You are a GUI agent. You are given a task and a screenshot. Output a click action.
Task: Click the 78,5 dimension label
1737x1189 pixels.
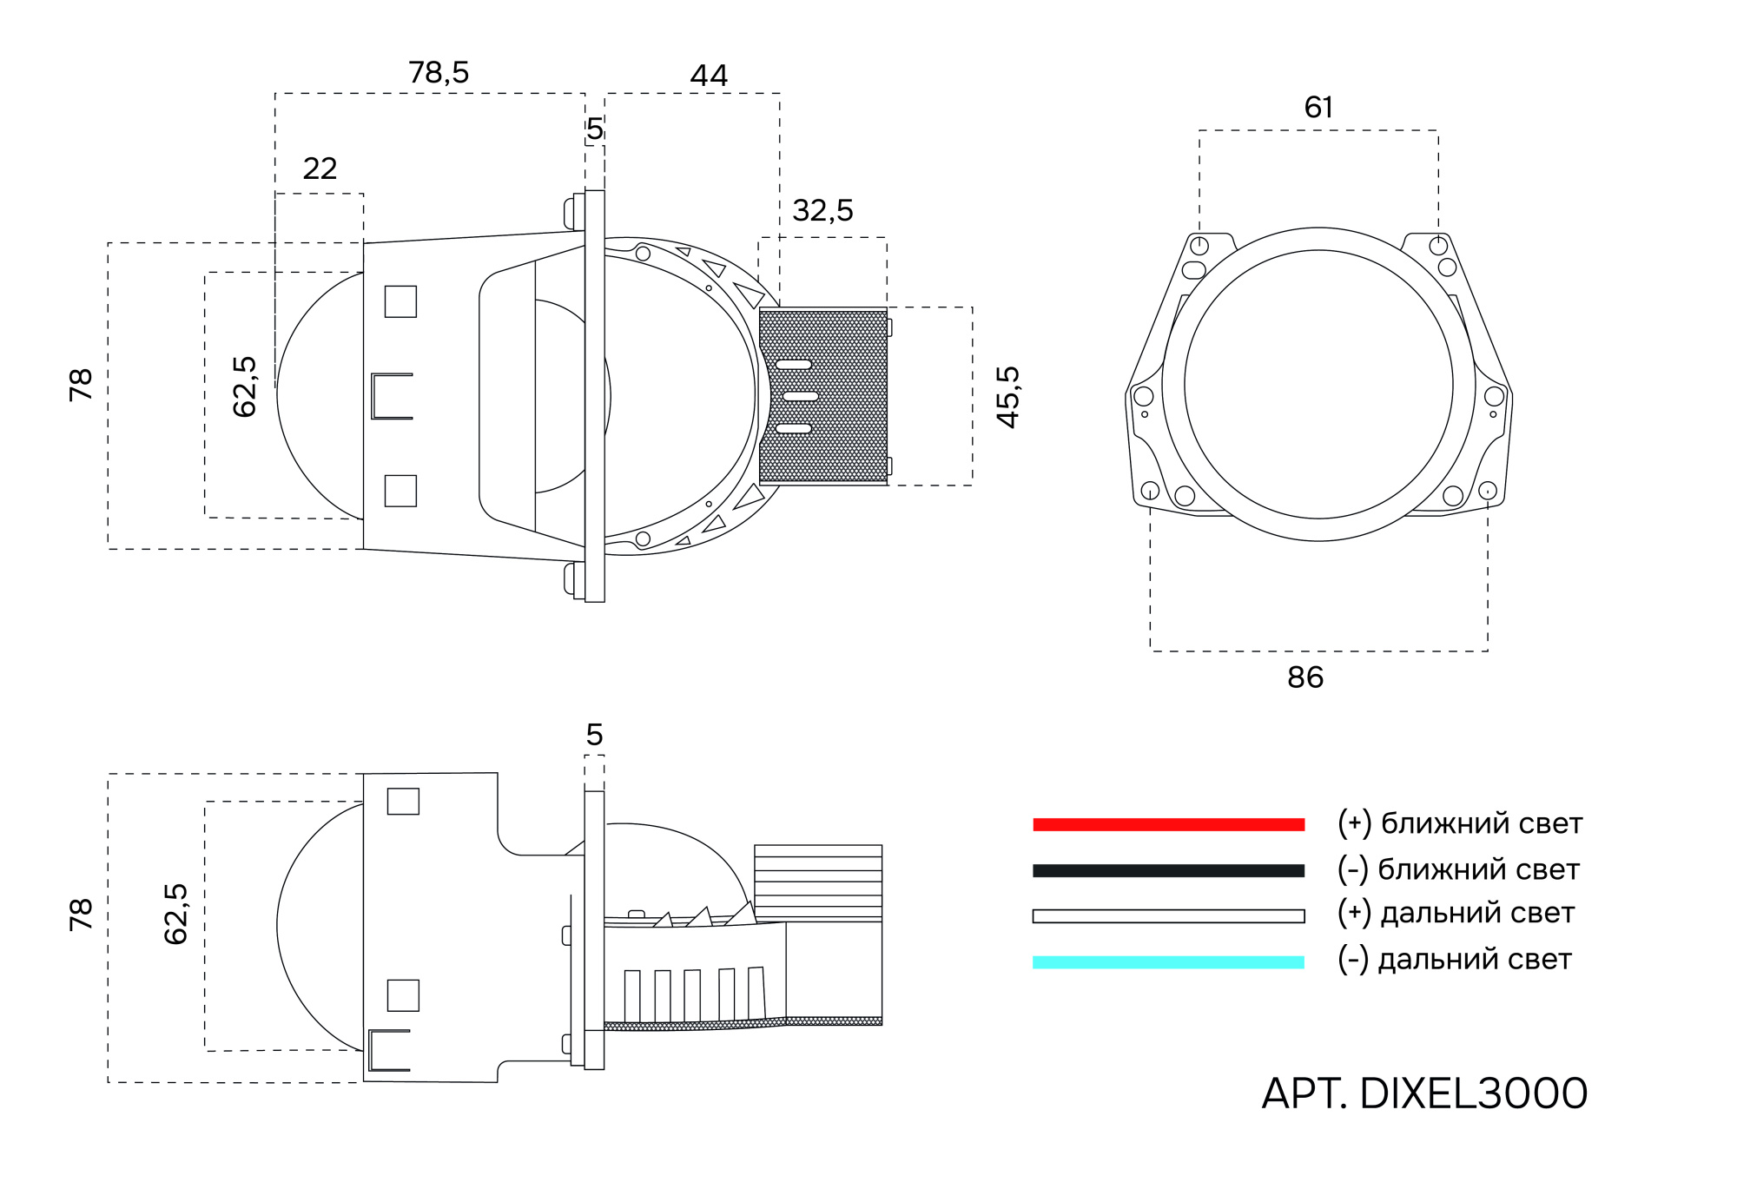[x=439, y=73]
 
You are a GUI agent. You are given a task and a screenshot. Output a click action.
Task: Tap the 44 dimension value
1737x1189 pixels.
[x=709, y=76]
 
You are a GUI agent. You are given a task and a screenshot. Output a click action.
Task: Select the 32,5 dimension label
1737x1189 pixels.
[x=822, y=211]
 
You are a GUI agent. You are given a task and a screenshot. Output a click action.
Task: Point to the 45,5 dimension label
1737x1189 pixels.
[x=1007, y=397]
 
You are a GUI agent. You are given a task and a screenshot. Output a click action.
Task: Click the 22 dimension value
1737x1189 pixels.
[x=320, y=168]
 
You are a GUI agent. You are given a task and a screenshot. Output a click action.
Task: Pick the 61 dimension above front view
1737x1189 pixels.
[x=1318, y=108]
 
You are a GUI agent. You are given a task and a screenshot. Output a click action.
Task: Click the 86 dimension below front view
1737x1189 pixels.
[x=1305, y=677]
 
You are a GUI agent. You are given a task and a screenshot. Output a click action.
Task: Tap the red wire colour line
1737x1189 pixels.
[x=1168, y=824]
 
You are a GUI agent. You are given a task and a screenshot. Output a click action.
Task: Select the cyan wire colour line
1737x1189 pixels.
[x=1168, y=961]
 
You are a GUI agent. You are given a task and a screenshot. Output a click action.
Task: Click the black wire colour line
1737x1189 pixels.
[x=1168, y=870]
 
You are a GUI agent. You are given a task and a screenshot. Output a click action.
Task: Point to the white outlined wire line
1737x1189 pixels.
[x=1168, y=915]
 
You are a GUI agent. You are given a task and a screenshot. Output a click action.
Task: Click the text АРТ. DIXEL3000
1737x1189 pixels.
[x=1424, y=1093]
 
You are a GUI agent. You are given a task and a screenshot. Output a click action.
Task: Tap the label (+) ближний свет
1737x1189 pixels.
[x=1460, y=823]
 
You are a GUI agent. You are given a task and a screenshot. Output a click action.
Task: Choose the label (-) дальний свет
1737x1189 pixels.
[x=1455, y=960]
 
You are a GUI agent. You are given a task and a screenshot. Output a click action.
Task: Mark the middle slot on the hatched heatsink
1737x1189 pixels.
[x=801, y=396]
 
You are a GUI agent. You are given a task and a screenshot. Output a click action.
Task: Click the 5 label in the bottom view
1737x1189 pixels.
[x=594, y=736]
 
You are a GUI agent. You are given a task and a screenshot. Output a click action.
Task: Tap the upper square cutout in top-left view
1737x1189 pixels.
[x=400, y=301]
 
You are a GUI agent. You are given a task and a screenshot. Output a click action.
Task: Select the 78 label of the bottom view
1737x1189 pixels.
[x=81, y=915]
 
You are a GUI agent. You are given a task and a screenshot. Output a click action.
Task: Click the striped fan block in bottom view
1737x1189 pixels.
[x=818, y=882]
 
